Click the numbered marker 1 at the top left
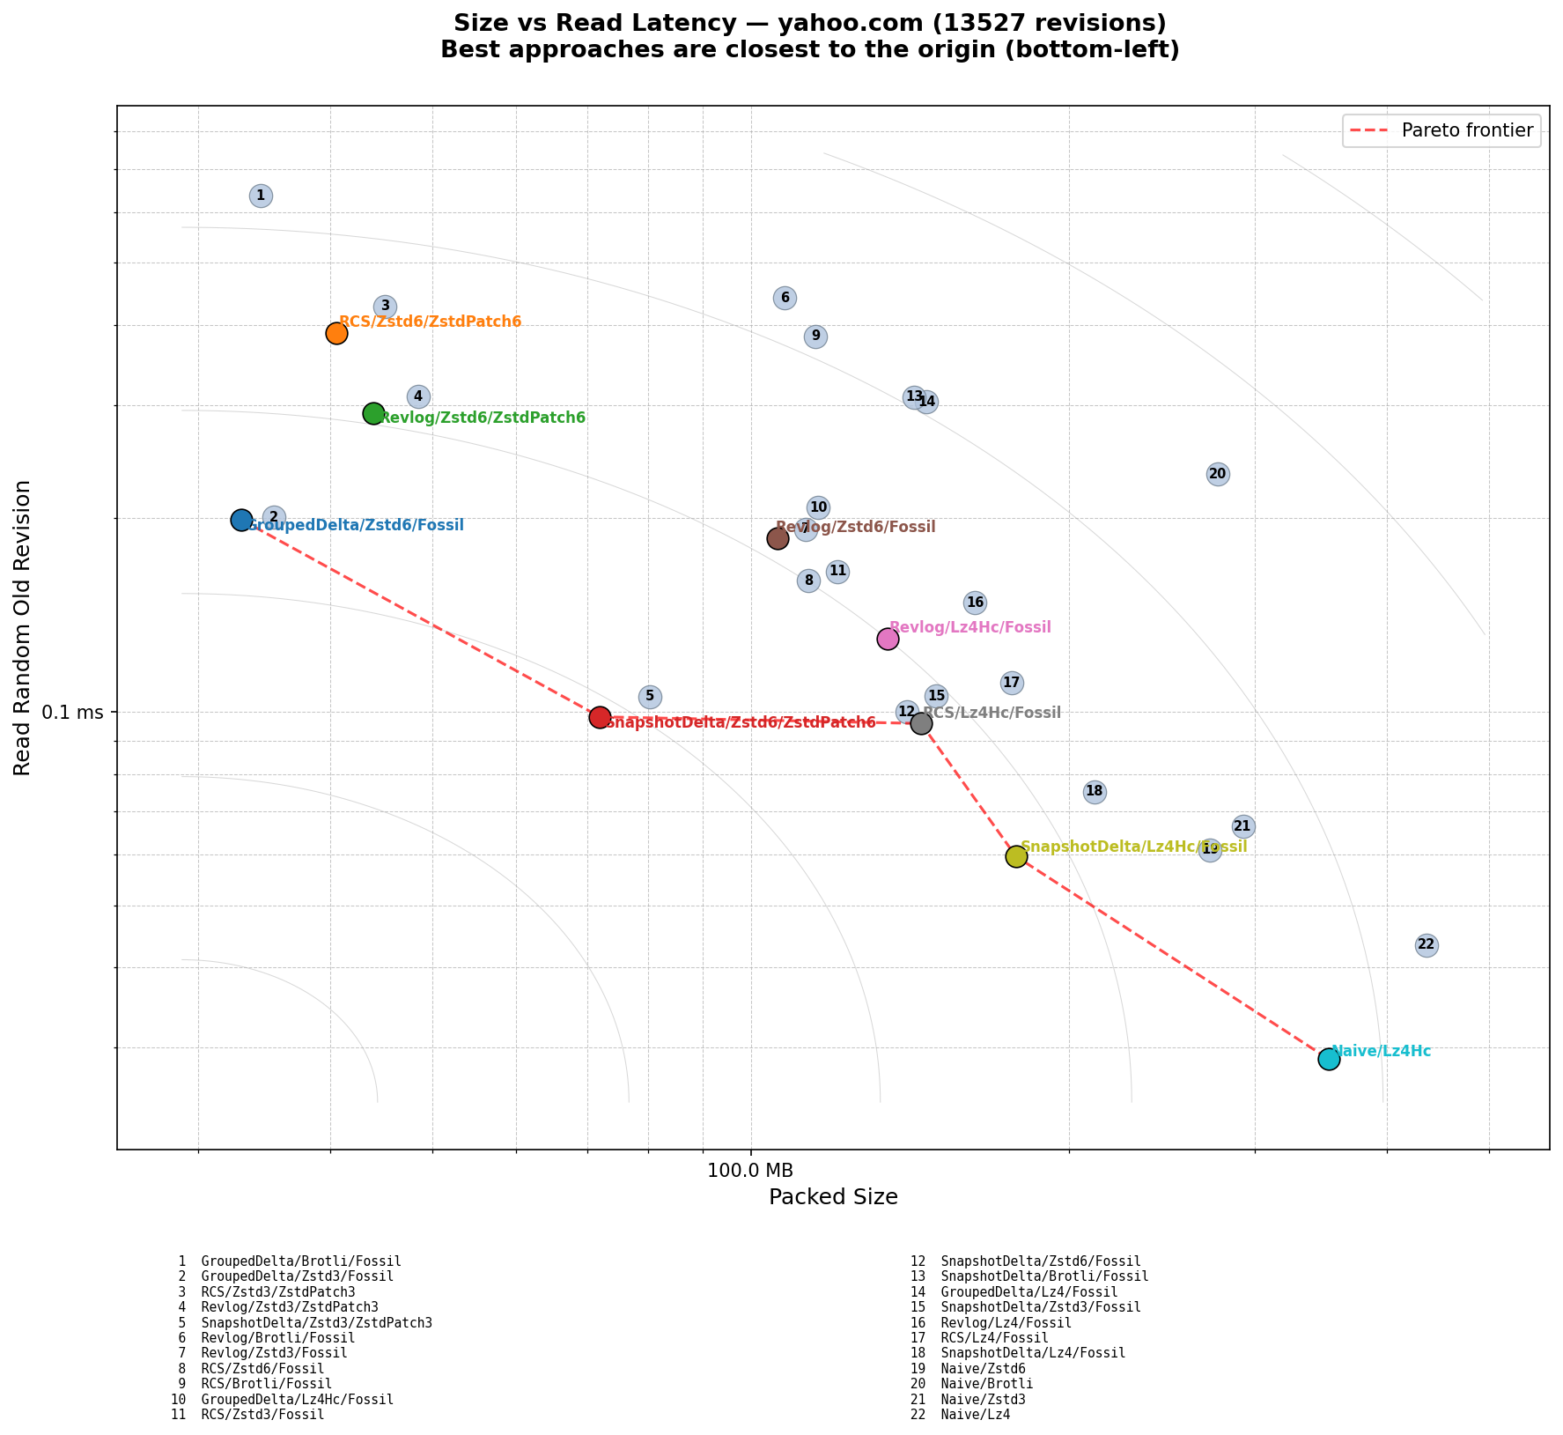pos(261,196)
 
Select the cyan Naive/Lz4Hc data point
pos(1329,1059)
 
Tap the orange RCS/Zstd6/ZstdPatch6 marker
pos(336,333)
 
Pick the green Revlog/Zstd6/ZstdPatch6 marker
pos(373,413)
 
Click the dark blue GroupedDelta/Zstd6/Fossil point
pos(241,520)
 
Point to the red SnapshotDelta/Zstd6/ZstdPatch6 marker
pos(600,717)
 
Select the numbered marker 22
pos(1427,945)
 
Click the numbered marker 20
pos(1218,474)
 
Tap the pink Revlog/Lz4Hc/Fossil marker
pos(888,639)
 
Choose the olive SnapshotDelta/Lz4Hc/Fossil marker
pos(1016,856)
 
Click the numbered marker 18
pos(1095,791)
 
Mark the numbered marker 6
pos(785,298)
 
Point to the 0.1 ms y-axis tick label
pos(72,712)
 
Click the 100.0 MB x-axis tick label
pos(750,1171)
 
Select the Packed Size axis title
pos(833,1197)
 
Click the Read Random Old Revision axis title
pos(23,627)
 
